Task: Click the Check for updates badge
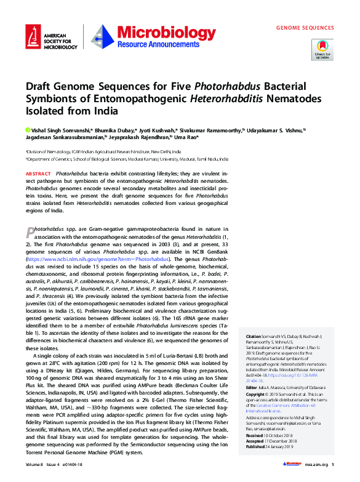click(322, 49)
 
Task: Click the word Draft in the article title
click(39, 87)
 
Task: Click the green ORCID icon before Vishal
click(28, 130)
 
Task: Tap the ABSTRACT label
click(39, 174)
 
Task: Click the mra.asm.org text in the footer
click(313, 465)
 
